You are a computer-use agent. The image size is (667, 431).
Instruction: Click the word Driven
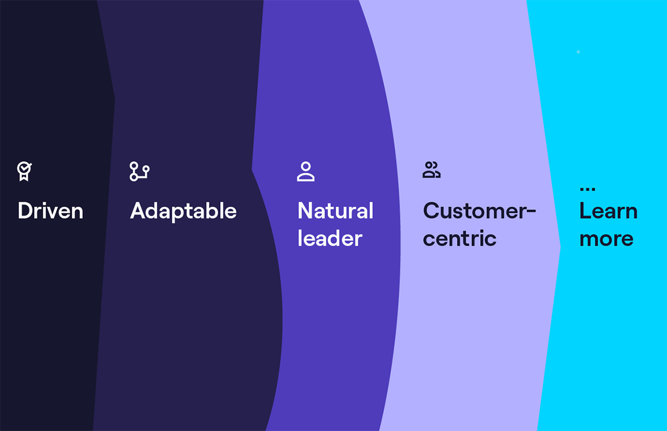click(51, 211)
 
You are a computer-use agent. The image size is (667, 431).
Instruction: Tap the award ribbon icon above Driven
click(24, 171)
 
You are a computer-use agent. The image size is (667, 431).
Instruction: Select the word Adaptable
click(183, 212)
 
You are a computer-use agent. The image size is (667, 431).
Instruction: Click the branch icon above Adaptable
click(140, 172)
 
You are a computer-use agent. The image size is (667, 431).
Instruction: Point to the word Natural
click(336, 211)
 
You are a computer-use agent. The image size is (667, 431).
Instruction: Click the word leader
click(330, 238)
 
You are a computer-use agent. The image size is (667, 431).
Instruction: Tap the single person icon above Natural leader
click(306, 172)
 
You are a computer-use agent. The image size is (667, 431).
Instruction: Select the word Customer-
click(479, 211)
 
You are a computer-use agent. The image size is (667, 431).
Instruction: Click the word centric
click(460, 238)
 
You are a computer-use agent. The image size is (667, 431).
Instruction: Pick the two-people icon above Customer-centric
click(431, 170)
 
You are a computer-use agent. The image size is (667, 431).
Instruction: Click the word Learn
click(608, 211)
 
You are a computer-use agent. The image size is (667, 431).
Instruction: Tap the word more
click(606, 239)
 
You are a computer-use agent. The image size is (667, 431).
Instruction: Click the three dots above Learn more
click(588, 189)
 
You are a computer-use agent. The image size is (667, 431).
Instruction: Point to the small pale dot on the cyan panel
click(578, 52)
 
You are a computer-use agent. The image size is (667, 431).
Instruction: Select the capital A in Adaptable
click(139, 211)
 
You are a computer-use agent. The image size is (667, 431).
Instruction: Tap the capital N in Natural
click(306, 211)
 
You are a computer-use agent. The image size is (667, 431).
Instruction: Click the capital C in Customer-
click(432, 211)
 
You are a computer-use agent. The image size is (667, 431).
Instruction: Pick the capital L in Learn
click(585, 211)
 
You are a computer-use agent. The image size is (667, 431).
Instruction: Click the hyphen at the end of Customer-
click(531, 212)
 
